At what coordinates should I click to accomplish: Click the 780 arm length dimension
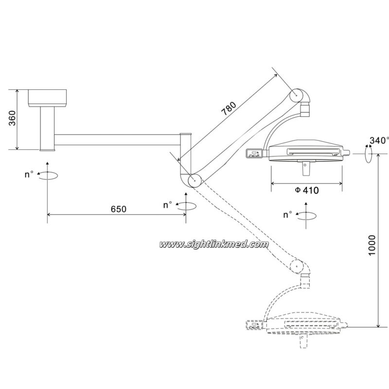[x=229, y=108]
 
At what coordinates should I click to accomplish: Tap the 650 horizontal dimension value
[x=118, y=209]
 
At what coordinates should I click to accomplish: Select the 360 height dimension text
[x=12, y=118]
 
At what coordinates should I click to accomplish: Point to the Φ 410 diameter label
[x=307, y=190]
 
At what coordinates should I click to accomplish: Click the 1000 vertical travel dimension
[x=372, y=245]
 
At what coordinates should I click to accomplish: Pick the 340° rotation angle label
[x=379, y=141]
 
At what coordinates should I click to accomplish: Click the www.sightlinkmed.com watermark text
[x=213, y=245]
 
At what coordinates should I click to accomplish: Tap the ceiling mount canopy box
[x=47, y=98]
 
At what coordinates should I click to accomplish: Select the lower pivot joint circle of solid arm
[x=194, y=180]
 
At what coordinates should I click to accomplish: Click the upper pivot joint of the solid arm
[x=297, y=95]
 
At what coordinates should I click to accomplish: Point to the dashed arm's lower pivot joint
[x=297, y=266]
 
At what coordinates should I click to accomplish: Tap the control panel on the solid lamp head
[x=254, y=153]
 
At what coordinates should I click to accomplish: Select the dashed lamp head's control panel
[x=254, y=325]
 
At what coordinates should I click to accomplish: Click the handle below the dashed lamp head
[x=303, y=341]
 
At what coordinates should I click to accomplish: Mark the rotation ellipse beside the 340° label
[x=369, y=154]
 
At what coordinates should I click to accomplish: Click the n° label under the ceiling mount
[x=29, y=175]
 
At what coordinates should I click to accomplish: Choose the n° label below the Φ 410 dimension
[x=288, y=214]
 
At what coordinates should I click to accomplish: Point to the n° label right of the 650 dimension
[x=168, y=205]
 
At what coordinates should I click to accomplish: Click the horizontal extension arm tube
[x=117, y=140]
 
